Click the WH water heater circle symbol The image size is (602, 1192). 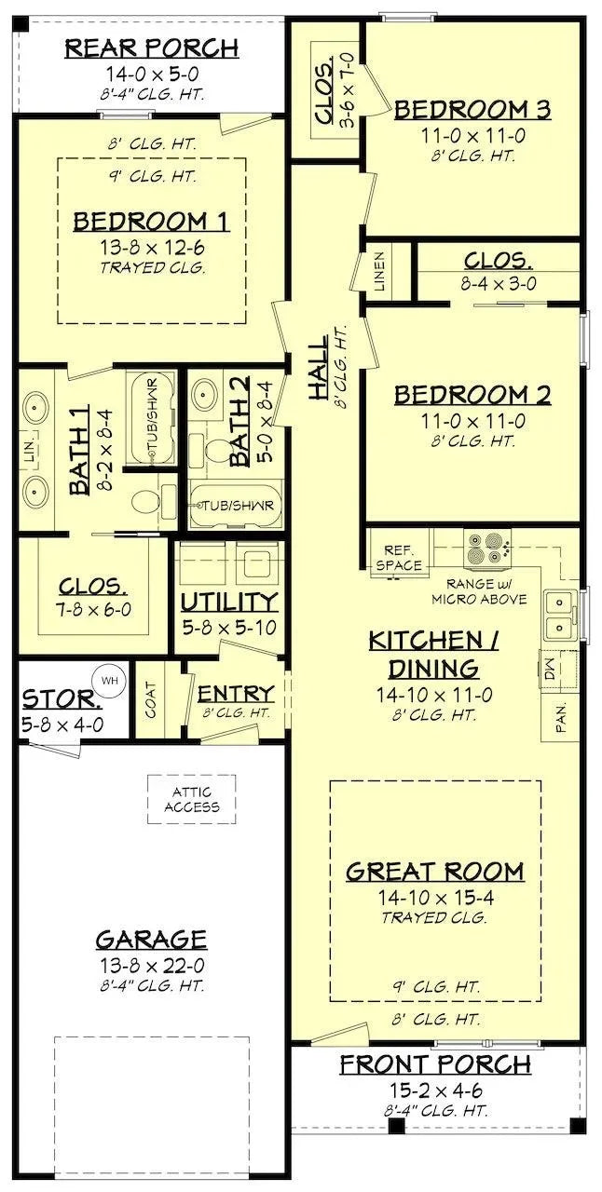[110, 681]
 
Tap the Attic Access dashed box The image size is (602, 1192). [191, 799]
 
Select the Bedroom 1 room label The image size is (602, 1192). [152, 221]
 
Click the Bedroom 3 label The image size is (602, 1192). [472, 110]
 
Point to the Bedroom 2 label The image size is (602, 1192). [472, 395]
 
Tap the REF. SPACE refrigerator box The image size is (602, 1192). [400, 558]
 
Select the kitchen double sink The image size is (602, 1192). [559, 614]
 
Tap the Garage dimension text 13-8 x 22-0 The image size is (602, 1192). [151, 964]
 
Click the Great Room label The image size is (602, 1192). [434, 873]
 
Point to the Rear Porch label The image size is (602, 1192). [151, 47]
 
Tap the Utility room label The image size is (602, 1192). [229, 601]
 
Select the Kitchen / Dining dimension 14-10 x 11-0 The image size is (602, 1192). [435, 694]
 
